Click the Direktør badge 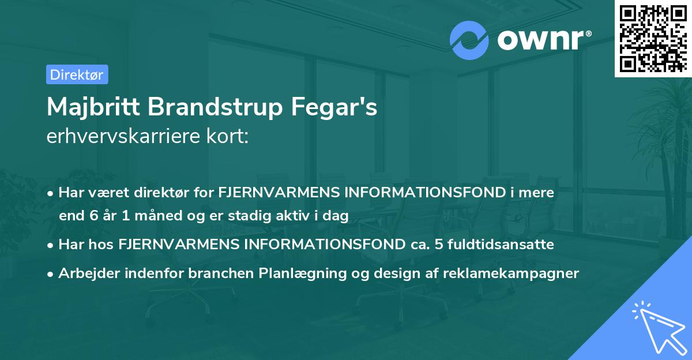(77, 74)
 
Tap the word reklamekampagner (510, 273)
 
